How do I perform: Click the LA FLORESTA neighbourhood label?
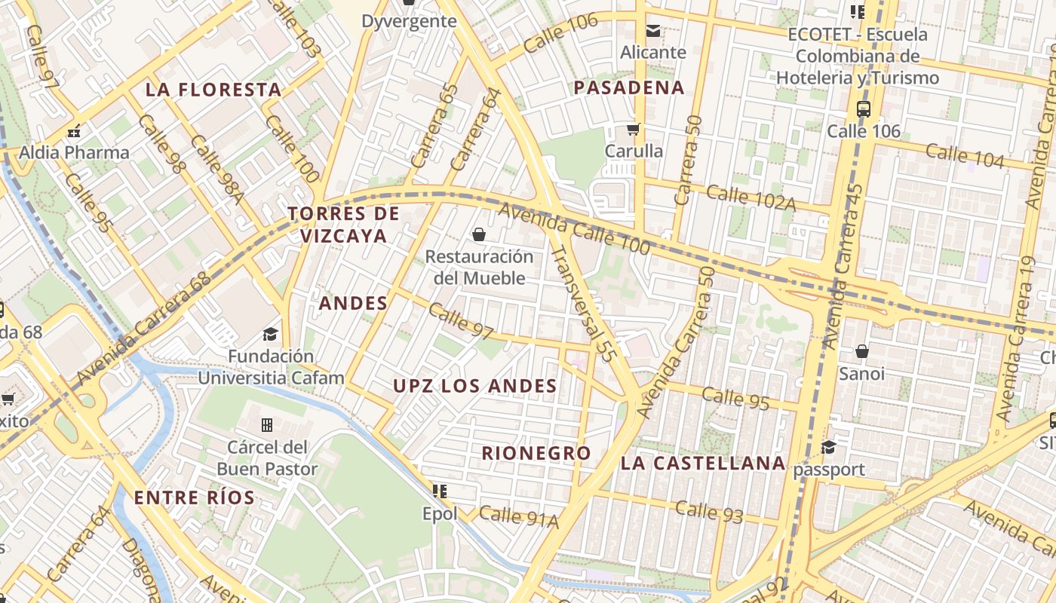click(213, 90)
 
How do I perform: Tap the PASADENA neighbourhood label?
click(629, 87)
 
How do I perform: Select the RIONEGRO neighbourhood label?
click(536, 453)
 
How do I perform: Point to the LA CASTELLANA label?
click(703, 463)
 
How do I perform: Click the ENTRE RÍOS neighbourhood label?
click(195, 497)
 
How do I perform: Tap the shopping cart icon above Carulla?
click(634, 129)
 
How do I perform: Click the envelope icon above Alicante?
click(653, 31)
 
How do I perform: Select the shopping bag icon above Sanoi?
click(862, 351)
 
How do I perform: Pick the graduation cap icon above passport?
click(829, 448)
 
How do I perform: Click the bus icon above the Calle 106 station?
click(864, 109)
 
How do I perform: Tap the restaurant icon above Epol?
click(440, 491)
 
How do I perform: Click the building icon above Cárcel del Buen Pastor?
click(267, 425)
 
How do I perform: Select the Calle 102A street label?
click(751, 197)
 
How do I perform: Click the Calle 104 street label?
click(965, 156)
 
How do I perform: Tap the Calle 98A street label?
click(217, 169)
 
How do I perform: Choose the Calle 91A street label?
click(518, 517)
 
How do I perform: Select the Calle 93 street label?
click(709, 512)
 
